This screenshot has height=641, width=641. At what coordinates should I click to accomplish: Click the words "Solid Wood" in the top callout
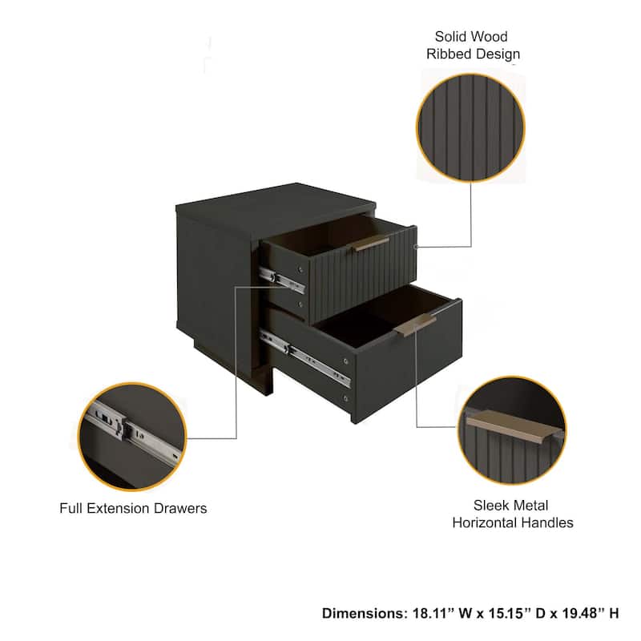[471, 37]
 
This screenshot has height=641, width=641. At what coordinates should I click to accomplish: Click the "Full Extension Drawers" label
[133, 508]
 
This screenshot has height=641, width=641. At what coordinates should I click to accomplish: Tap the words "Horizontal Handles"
[513, 523]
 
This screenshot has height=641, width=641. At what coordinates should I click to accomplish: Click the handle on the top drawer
[372, 244]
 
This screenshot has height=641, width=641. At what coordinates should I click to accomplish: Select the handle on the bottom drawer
[415, 325]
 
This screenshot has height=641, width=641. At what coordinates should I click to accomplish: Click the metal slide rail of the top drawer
[277, 276]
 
